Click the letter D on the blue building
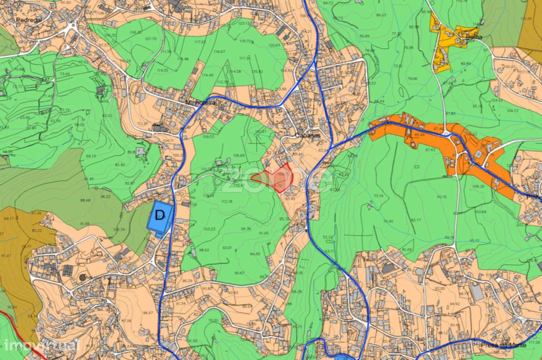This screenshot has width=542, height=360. tap(160, 215)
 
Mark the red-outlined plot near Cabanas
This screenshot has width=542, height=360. tap(274, 179)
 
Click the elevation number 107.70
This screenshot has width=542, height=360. tap(150, 39)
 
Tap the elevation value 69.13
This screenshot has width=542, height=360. tap(90, 156)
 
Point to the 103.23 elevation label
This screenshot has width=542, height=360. tap(209, 229)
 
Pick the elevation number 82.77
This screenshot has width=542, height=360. tap(416, 220)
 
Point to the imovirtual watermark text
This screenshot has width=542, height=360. tap(40, 345)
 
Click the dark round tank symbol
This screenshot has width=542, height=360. tap(82, 277)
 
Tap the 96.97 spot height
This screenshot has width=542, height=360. tap(147, 313)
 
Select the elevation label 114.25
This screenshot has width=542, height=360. tap(162, 70)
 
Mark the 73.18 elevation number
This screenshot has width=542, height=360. tap(378, 196)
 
